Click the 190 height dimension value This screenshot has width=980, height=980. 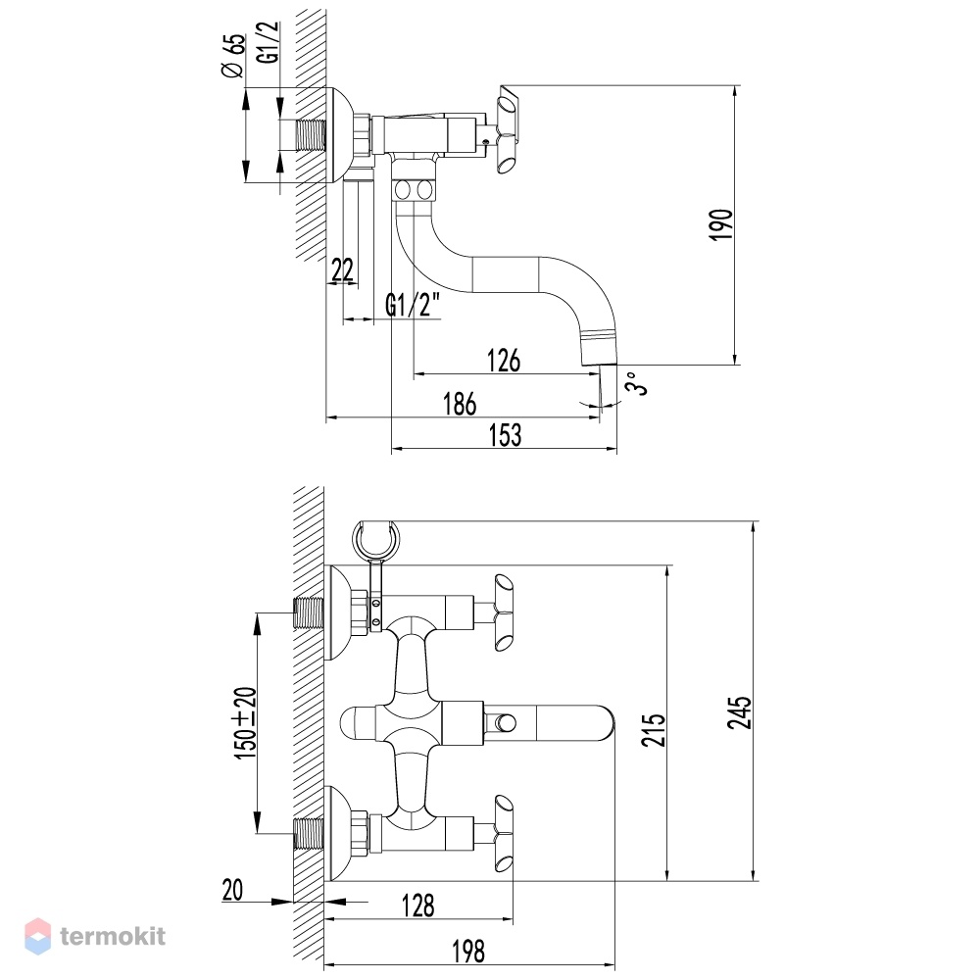coord(720,225)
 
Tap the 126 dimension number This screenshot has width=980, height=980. coord(504,361)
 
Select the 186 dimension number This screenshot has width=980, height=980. coord(460,404)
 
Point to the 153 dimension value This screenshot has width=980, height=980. coord(505,435)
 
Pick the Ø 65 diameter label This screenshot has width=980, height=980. coord(233,56)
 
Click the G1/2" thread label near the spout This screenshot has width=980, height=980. coord(413,305)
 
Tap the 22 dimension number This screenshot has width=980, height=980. coord(342,270)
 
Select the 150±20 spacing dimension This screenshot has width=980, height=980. coord(246,724)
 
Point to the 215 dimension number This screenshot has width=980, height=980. coord(654,730)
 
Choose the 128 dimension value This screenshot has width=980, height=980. coord(418,906)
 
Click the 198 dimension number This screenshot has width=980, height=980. coord(468,952)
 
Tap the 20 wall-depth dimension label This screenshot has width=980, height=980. coord(232,890)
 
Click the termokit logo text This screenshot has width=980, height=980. coord(113,936)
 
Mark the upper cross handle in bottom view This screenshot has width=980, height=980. coord(503,612)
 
